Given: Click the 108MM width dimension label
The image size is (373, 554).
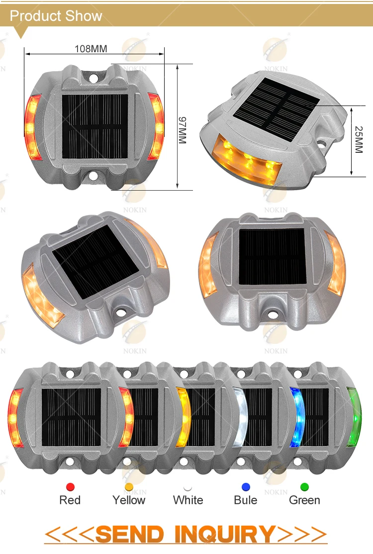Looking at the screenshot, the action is coord(91,49).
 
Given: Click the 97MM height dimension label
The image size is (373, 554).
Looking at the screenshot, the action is coord(182,130).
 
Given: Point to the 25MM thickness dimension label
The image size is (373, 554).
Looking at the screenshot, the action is coord(359,139).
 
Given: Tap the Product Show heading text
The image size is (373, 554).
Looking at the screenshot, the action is coord(56,16).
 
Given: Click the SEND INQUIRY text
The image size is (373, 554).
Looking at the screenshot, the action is coord(186,534).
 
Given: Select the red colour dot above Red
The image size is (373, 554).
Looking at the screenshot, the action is coord(70,487).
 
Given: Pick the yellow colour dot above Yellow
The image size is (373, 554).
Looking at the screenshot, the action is coord(129,487).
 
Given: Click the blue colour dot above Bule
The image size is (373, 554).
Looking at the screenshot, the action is coord(246,487).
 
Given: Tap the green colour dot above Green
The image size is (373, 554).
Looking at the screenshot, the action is coord(304,487).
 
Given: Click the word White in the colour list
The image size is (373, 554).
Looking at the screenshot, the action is coord(188,500).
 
